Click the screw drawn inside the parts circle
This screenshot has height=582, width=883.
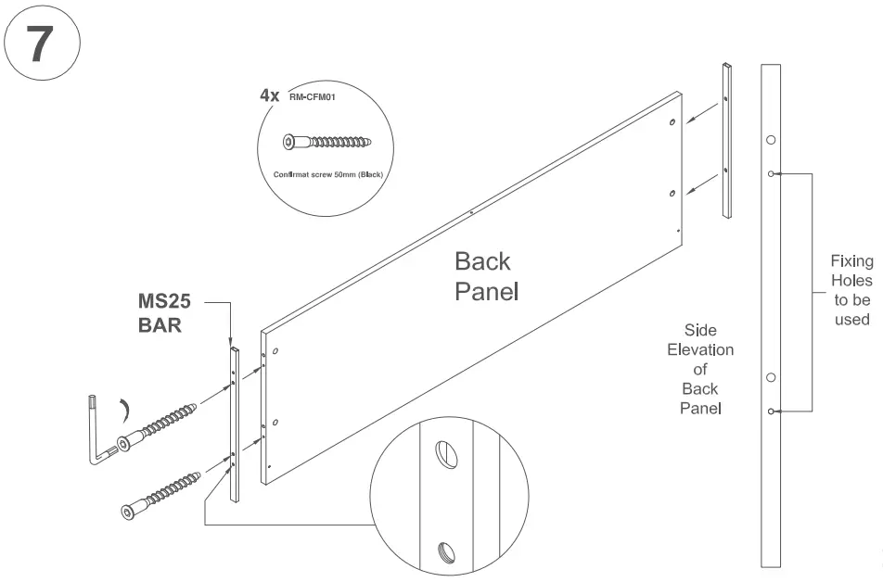tap(327, 143)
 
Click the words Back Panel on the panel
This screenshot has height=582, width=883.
tap(485, 276)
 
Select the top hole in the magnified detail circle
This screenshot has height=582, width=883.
tap(445, 454)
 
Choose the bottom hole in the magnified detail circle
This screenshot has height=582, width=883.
tap(445, 552)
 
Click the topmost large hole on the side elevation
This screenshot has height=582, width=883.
tap(771, 140)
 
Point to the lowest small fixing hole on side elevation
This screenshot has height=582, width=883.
tap(771, 410)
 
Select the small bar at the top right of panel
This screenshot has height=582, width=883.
tap(726, 140)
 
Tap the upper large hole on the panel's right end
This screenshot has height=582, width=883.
tap(672, 121)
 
